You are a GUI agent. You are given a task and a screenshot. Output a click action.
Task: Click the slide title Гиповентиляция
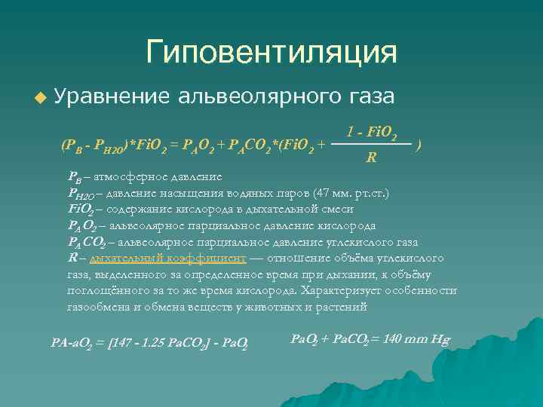coord(271,53)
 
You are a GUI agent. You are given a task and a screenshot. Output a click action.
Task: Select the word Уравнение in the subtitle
coord(112,96)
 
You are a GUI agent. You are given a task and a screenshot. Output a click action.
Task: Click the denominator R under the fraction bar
coord(372,158)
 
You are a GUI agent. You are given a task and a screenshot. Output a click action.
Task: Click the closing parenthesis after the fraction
coord(419,143)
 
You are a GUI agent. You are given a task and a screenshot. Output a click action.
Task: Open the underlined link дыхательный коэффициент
coord(167,259)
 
